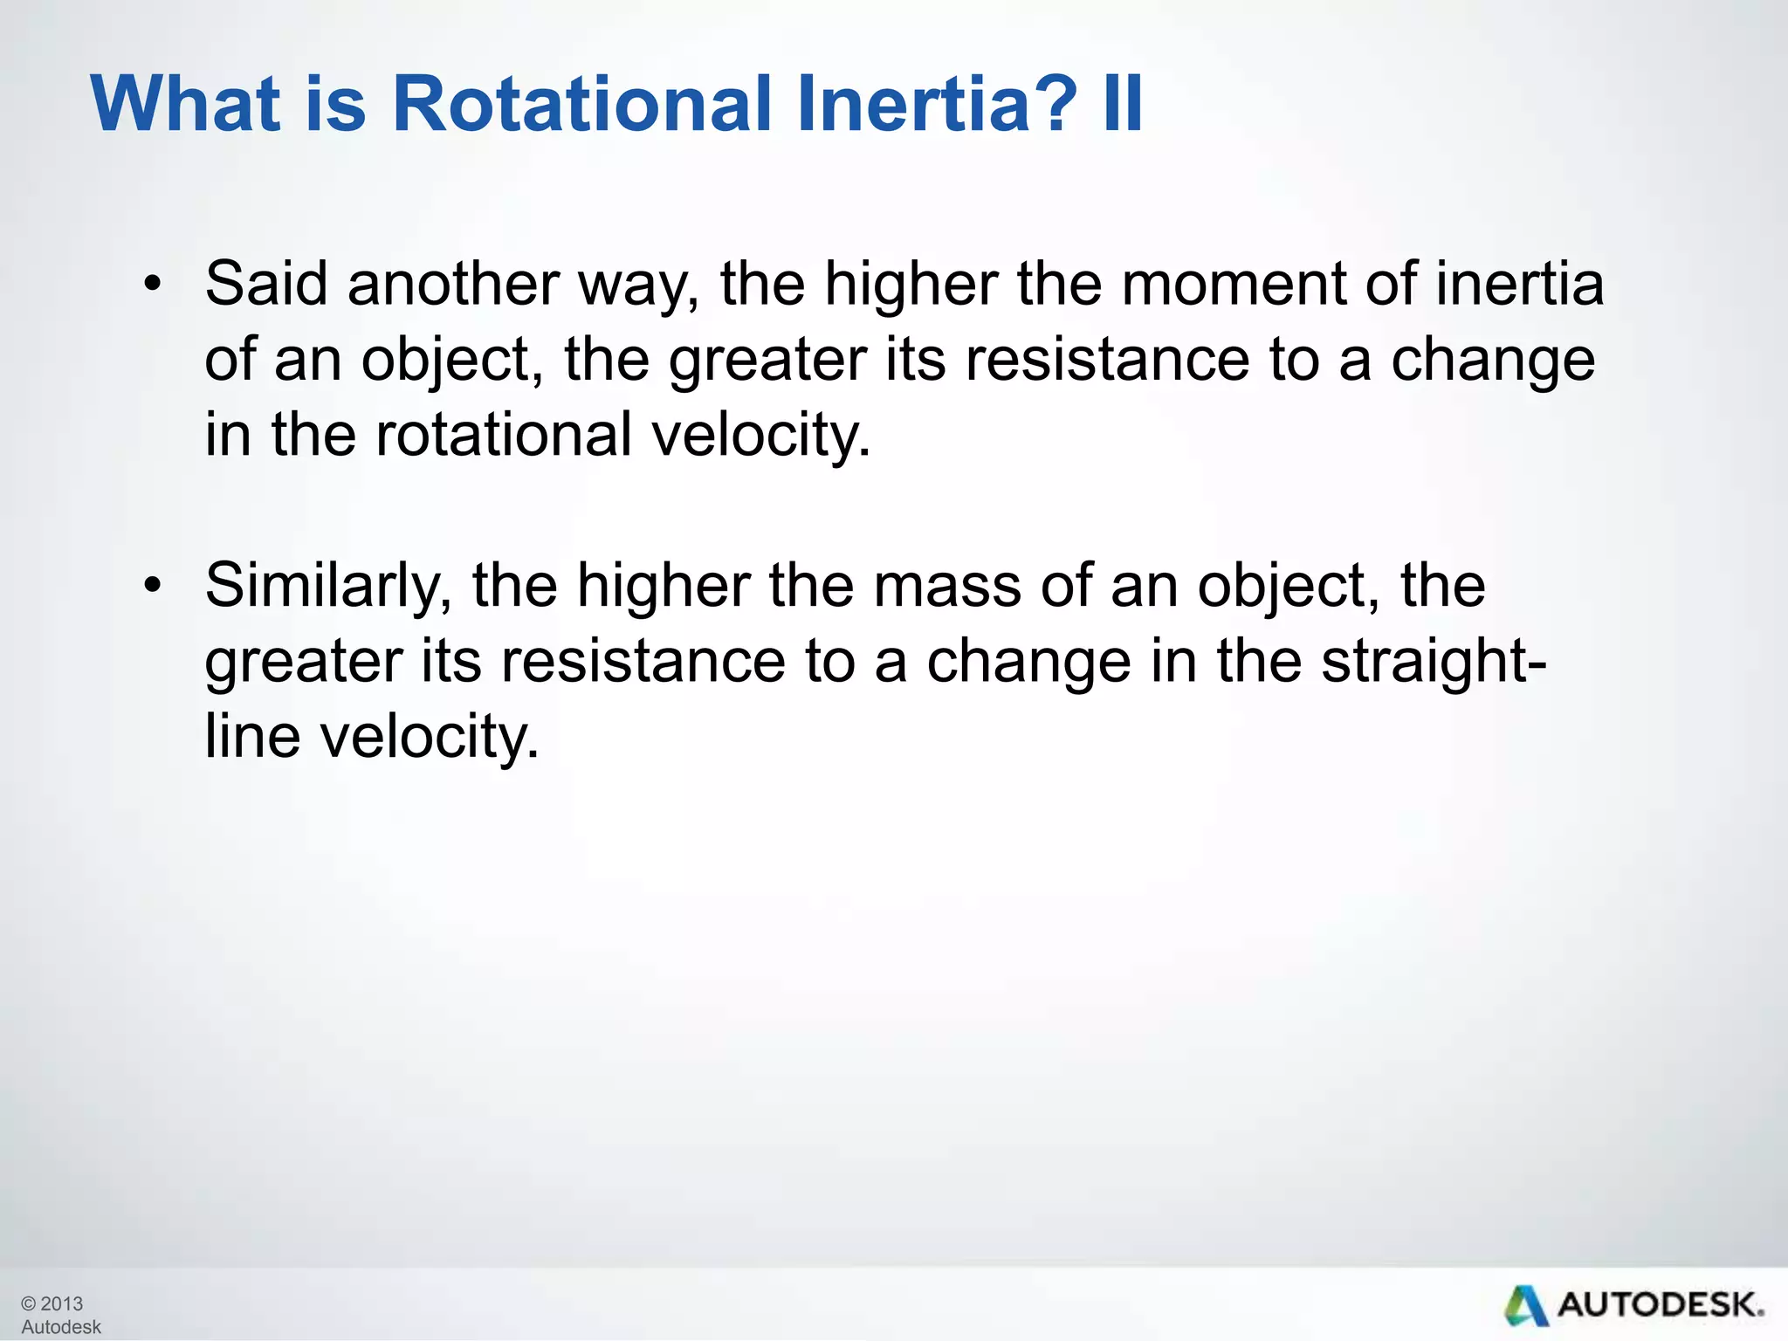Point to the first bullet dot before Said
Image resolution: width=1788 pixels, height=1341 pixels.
coord(153,285)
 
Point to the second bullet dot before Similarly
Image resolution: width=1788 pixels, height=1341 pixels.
coord(153,586)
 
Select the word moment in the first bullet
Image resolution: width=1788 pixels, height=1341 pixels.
coord(1234,285)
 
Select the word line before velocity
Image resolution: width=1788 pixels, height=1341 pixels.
coord(252,736)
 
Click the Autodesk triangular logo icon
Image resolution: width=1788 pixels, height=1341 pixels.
coord(1525,1305)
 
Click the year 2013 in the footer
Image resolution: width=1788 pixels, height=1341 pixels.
coord(62,1303)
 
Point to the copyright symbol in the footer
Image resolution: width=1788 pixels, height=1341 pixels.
coord(29,1303)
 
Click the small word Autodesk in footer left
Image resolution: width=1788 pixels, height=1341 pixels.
coord(61,1327)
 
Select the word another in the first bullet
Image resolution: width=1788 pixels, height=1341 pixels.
coord(453,285)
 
